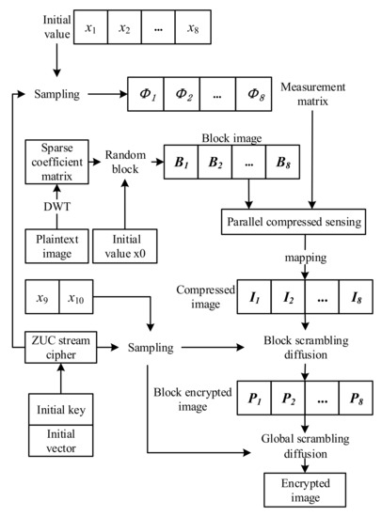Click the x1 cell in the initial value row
pyautogui.click(x=89, y=27)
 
